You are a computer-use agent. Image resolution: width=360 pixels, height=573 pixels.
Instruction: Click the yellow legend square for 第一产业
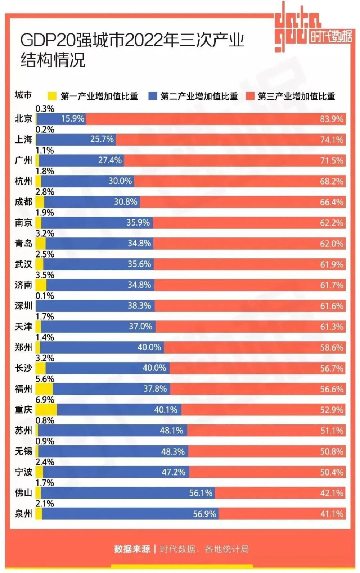point(52,96)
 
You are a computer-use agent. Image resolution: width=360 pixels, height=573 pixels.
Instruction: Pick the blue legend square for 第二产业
point(153,96)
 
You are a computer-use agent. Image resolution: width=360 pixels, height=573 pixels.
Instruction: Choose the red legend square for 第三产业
point(250,96)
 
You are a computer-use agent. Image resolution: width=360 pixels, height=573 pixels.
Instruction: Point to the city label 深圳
point(23,306)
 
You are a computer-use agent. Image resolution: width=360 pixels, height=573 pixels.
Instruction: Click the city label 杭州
point(23,181)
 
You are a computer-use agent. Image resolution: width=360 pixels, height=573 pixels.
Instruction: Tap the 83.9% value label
point(332,119)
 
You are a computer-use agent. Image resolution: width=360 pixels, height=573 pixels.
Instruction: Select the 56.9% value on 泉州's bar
point(204,514)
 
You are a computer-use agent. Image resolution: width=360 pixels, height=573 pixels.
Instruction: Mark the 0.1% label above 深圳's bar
point(45,296)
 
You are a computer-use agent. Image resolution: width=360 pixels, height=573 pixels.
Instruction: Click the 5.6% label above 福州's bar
point(45,379)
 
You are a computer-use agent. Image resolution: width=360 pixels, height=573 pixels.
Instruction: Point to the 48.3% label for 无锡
point(173,451)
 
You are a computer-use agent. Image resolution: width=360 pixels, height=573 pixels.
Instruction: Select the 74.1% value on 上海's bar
point(332,140)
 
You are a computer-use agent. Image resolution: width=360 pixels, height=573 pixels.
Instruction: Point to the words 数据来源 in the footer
point(132,549)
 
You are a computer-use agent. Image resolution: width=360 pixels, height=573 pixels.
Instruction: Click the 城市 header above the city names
point(23,95)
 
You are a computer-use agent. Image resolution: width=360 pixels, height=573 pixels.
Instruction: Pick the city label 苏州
point(23,431)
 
